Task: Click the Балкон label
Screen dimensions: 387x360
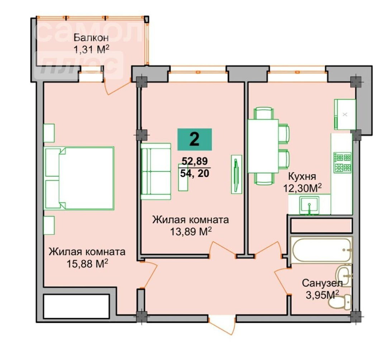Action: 91,38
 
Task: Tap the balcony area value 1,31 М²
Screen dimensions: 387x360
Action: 91,49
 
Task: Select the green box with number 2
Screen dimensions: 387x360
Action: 195,139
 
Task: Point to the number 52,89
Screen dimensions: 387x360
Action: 195,161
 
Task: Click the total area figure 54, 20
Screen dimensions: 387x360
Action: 195,173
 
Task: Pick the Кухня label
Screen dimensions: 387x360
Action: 302,177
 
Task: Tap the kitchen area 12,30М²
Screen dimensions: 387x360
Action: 302,188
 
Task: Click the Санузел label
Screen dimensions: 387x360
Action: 322,283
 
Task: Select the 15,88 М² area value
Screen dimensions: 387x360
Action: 87,264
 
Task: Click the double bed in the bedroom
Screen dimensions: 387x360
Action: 79,178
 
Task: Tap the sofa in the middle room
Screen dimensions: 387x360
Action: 156,171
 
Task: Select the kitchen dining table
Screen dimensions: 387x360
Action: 263,146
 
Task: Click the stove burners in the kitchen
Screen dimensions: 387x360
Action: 342,162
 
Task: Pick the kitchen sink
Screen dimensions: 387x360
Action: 309,205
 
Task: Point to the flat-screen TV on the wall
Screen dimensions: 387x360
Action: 236,174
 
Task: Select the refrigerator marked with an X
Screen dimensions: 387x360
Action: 345,114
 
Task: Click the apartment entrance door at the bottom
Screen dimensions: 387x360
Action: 222,324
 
